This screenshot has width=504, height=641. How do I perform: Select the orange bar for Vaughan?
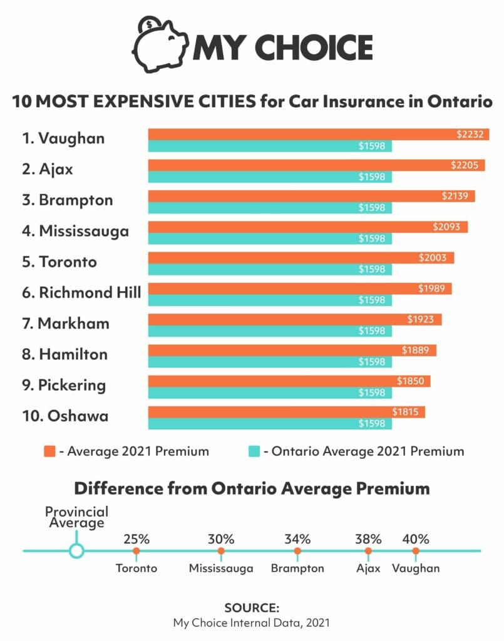(301, 135)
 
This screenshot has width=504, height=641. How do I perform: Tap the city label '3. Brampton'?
(68, 200)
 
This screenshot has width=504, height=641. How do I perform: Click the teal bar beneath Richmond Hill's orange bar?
(269, 300)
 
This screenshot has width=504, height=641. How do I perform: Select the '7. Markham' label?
(65, 324)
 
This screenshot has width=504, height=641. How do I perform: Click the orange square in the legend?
(50, 451)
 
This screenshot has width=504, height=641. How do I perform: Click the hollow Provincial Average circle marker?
(76, 551)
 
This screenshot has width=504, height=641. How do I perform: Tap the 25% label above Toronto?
(136, 539)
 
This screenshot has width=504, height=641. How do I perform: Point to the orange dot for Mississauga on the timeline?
(221, 551)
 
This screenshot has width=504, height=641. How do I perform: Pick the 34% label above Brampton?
(297, 539)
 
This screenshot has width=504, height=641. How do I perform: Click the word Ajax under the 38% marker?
(368, 568)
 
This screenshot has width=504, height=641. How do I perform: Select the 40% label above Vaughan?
(416, 539)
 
